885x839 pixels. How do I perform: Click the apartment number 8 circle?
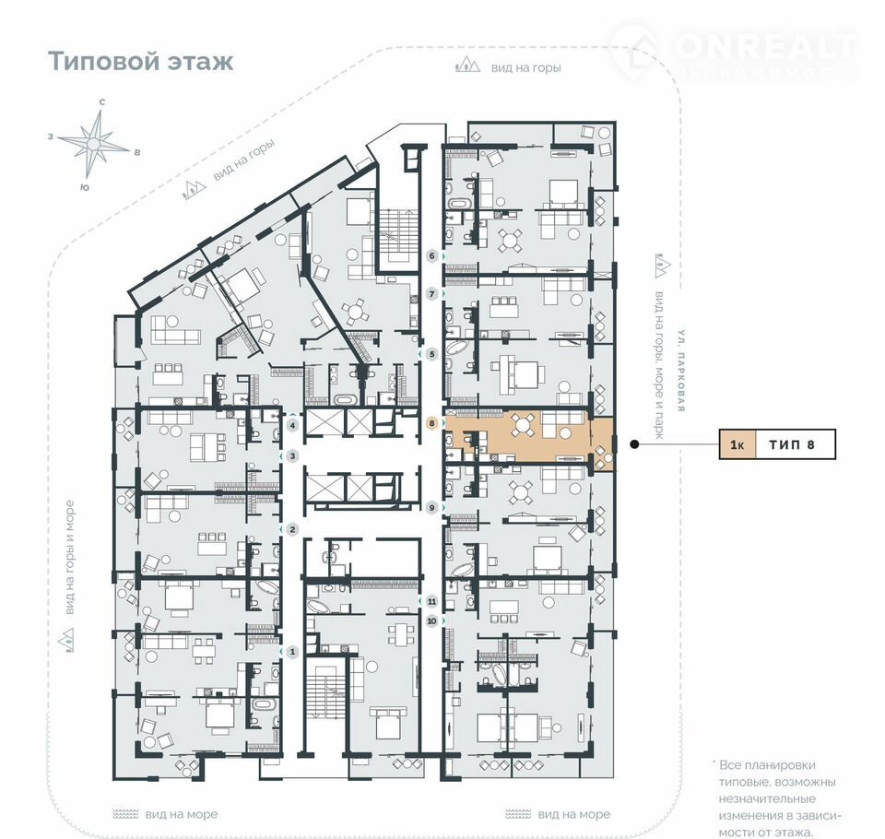[x=431, y=423]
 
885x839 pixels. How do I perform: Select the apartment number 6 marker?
[x=432, y=256]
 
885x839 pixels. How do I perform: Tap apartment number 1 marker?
[x=292, y=652]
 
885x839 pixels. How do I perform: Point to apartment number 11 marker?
[x=431, y=601]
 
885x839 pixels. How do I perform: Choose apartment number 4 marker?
[x=292, y=425]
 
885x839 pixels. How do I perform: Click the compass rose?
[x=94, y=144]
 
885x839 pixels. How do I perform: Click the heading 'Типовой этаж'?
[x=140, y=61]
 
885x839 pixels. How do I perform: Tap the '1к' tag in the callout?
[x=737, y=444]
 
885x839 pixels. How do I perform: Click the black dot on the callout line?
[x=634, y=444]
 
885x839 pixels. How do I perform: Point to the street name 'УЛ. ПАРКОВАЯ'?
[x=680, y=371]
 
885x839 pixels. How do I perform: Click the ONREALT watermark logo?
[x=734, y=52]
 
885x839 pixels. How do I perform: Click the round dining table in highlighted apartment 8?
[x=524, y=425]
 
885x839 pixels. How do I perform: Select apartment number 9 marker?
[x=431, y=508]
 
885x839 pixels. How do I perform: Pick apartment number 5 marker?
[x=432, y=355]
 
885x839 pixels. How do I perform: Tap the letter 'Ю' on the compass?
[x=84, y=188]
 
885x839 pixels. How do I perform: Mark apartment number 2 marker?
[x=292, y=529]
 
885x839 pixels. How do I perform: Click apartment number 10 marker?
[x=431, y=621]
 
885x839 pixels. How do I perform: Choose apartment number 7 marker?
[x=432, y=294]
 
